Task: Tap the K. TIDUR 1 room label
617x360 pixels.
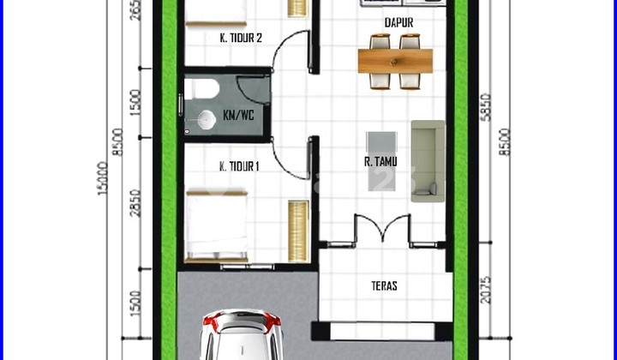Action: [x=239, y=166]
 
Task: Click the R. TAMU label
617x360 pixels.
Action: [x=378, y=160]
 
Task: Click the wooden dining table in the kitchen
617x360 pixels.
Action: [x=395, y=61]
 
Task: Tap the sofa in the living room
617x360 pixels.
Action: [x=427, y=160]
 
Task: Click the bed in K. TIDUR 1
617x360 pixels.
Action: [x=217, y=224]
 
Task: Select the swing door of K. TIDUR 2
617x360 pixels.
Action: [x=290, y=53]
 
